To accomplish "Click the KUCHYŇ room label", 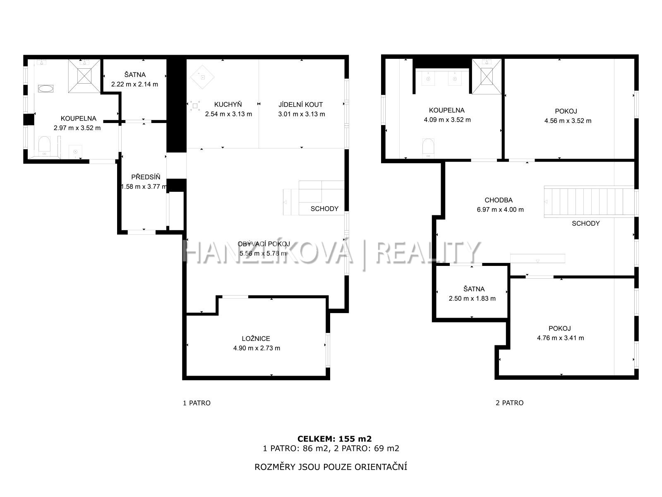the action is (x=228, y=104).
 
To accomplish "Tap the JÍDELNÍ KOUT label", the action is (x=300, y=105).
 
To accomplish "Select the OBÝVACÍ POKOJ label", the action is (x=264, y=244).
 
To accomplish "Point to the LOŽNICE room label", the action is (x=256, y=338).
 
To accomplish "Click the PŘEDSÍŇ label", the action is (x=146, y=177).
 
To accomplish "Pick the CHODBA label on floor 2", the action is (x=499, y=200).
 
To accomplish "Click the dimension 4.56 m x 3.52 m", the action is (x=568, y=121).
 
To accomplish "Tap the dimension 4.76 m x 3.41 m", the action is (x=560, y=338).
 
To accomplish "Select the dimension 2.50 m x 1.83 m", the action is (x=472, y=299).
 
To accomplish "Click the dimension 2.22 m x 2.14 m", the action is (x=134, y=84).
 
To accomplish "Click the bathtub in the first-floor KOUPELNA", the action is (x=46, y=88).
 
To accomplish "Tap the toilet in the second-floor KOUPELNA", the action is (x=428, y=147).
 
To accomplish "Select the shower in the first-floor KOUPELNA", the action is (x=84, y=76).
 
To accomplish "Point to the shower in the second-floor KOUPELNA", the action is (x=487, y=77).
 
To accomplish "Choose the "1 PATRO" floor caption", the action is (x=197, y=403).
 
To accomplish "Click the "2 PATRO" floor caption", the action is (x=509, y=403).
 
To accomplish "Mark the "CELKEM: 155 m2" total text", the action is (x=334, y=439).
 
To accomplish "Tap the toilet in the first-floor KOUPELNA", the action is (x=44, y=145).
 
